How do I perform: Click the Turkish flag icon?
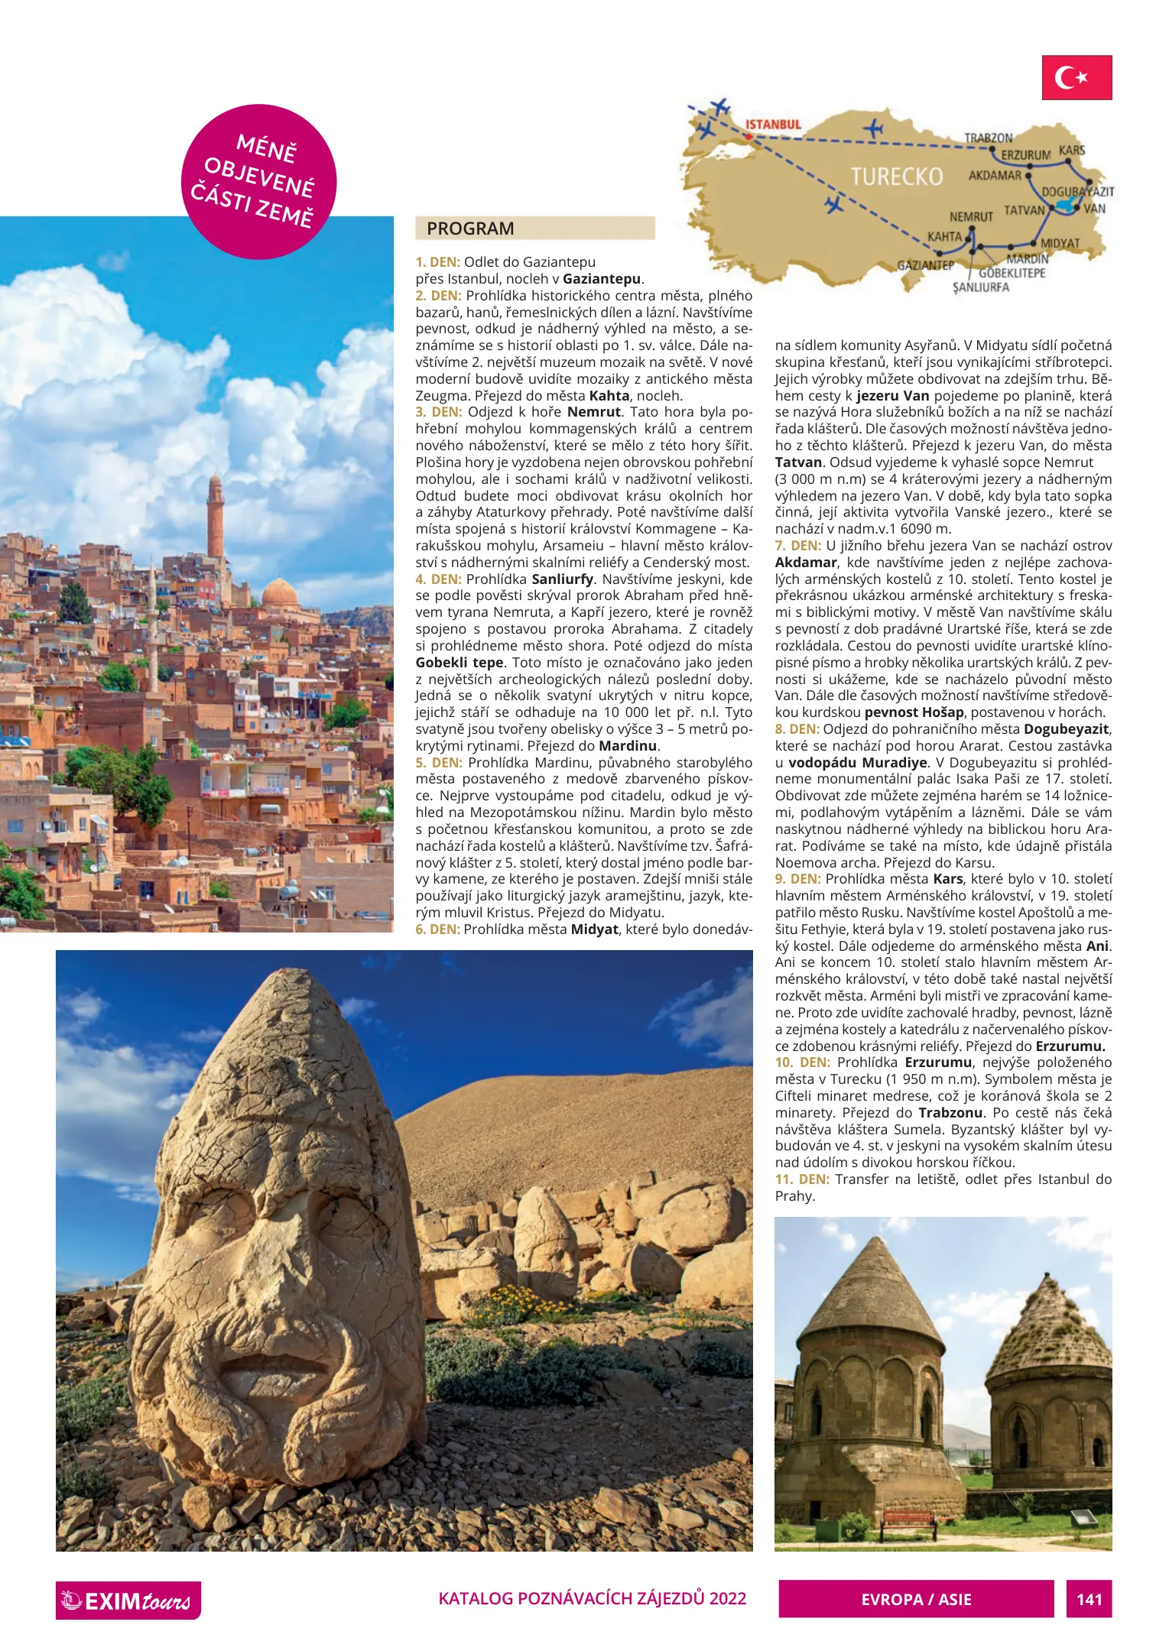pyautogui.click(x=1076, y=77)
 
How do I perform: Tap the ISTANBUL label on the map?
pyautogui.click(x=773, y=124)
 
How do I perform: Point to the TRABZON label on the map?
pyautogui.click(x=988, y=138)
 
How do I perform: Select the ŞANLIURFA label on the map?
pyautogui.click(x=980, y=287)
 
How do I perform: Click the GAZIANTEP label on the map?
pyautogui.click(x=925, y=265)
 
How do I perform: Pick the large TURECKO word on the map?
pyautogui.click(x=897, y=177)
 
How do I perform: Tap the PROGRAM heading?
pyautogui.click(x=470, y=229)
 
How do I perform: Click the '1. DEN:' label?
pyautogui.click(x=438, y=262)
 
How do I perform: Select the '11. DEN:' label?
pyautogui.click(x=802, y=1179)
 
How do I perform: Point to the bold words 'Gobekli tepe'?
pyautogui.click(x=459, y=663)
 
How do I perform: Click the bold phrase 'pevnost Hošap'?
pyautogui.click(x=914, y=712)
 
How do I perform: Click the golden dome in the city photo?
pyautogui.click(x=280, y=593)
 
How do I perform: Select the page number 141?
pyautogui.click(x=1089, y=1599)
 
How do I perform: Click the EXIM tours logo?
pyautogui.click(x=128, y=1601)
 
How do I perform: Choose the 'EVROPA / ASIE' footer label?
pyautogui.click(x=916, y=1599)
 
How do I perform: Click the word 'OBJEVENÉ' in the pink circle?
pyautogui.click(x=259, y=177)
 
